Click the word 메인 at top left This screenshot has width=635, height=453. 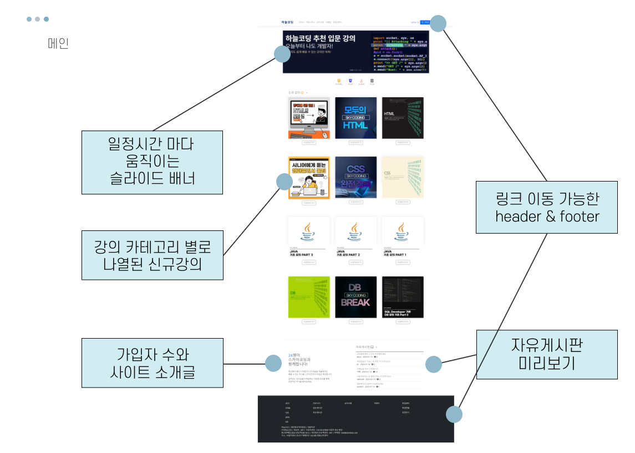pos(58,44)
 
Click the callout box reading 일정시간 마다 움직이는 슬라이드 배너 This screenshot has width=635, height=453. pos(152,162)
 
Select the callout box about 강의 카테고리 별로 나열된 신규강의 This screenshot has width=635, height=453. pos(152,255)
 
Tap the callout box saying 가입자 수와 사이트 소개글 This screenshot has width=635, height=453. pos(152,364)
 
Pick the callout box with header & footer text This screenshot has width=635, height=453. pos(546,207)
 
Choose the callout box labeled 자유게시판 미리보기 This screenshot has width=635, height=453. pos(546,355)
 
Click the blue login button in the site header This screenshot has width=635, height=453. pos(425,23)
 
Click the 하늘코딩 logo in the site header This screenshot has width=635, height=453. pos(287,23)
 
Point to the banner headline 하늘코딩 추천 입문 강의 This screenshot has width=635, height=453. pos(320,38)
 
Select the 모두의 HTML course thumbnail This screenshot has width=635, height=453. pos(355,118)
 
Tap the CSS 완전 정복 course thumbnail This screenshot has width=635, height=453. pos(355,177)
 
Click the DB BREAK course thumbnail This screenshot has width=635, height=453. pos(355,297)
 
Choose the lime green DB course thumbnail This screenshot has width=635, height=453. pos(309,297)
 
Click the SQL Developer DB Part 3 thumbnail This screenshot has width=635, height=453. pos(403,297)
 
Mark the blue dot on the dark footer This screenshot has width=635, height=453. pos(454,414)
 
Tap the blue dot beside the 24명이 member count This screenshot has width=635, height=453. pos(273,364)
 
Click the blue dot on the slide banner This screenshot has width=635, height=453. pos(282,54)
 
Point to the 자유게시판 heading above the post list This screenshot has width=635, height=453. pos(364,347)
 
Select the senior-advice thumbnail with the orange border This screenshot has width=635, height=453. pos(309,178)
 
